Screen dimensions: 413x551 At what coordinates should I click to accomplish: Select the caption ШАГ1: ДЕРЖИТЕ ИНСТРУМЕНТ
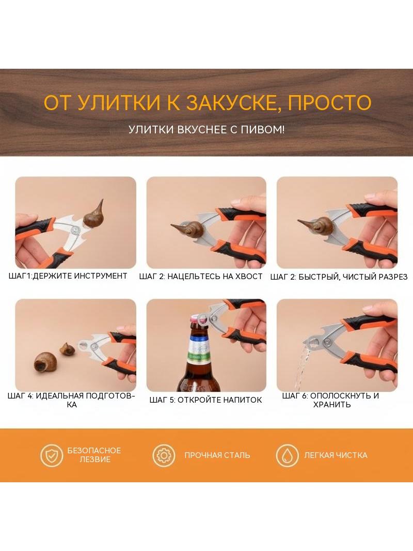point(68,276)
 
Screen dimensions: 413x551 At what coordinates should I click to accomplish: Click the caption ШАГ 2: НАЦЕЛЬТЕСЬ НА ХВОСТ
point(201,277)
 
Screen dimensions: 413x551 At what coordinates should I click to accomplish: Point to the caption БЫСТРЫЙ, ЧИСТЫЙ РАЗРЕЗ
point(353,277)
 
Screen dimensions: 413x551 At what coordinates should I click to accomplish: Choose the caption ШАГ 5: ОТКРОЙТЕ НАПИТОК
point(205,400)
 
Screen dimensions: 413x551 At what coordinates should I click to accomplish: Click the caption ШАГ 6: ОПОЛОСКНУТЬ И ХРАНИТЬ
point(331,400)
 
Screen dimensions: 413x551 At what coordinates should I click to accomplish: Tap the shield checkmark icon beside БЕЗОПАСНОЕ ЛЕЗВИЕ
point(52,455)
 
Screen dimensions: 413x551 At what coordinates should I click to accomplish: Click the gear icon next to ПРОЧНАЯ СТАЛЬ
point(164,455)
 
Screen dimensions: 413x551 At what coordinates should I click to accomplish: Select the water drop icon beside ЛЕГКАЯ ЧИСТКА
point(287,455)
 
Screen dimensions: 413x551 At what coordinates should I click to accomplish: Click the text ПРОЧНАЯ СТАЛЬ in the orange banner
point(217,455)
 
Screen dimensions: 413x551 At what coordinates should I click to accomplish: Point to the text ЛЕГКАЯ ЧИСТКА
point(336,455)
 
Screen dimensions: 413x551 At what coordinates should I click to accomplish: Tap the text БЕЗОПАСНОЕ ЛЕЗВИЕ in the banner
point(94,455)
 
